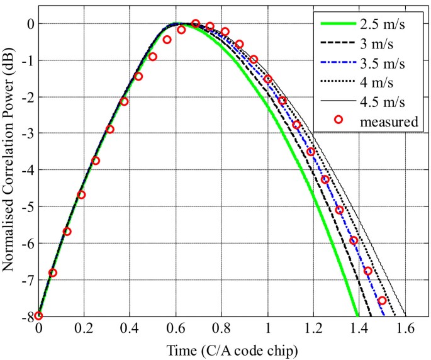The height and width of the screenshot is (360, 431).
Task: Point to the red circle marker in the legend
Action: click(339, 120)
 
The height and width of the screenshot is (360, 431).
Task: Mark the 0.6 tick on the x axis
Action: click(176, 329)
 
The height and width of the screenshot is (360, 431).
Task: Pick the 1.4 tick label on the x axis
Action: click(359, 329)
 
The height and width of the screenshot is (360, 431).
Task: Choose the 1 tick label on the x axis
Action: click(268, 329)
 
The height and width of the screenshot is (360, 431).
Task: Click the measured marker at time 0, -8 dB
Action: click(38, 315)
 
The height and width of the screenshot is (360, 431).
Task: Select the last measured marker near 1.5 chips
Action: click(382, 300)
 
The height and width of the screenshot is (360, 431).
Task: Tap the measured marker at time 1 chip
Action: click(268, 79)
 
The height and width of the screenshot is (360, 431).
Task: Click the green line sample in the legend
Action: click(339, 26)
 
